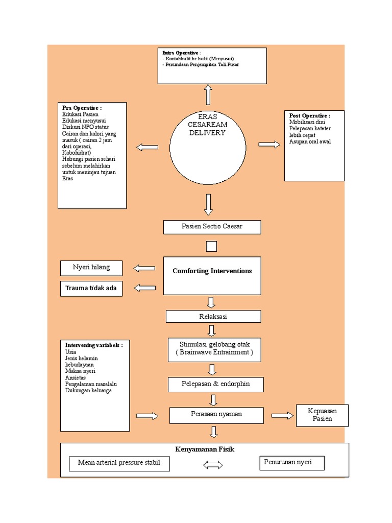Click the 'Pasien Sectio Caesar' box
click(x=212, y=227)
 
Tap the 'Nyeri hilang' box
click(x=91, y=268)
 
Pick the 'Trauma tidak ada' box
click(x=91, y=289)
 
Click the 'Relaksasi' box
click(x=213, y=317)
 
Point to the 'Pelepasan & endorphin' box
click(x=216, y=384)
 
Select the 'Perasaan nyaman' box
click(x=216, y=414)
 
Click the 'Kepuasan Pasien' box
click(x=322, y=415)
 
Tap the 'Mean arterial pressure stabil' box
click(x=119, y=463)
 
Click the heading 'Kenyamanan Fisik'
click(x=205, y=449)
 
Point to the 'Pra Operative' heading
click(x=82, y=108)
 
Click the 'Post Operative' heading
click(x=309, y=116)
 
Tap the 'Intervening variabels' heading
click(x=94, y=345)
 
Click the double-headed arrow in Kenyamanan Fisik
click(x=213, y=465)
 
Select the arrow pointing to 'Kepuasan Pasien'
click(x=282, y=416)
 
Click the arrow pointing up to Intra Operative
click(x=208, y=94)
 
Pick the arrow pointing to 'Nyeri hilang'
click(x=144, y=268)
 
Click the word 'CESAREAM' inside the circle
click(x=208, y=125)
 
